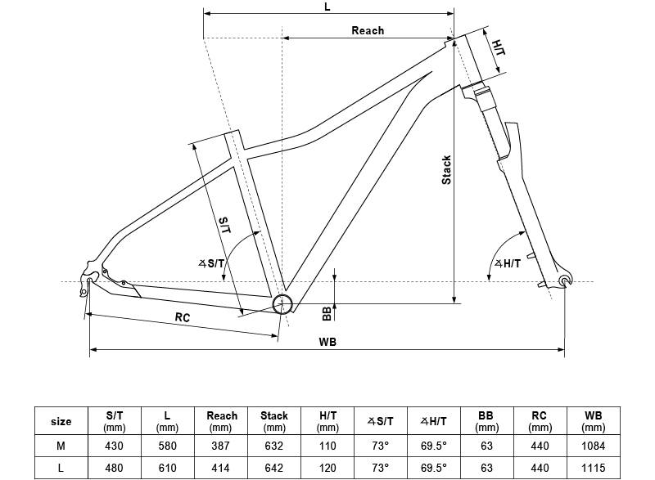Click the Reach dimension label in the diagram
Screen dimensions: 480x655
tap(368, 30)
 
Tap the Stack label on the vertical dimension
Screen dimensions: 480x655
tap(447, 169)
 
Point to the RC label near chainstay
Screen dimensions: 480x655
tap(183, 317)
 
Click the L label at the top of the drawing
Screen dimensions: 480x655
tap(327, 7)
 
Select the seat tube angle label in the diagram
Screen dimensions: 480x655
tap(211, 263)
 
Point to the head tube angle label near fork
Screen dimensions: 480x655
tap(508, 263)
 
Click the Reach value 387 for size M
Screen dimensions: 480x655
tap(221, 446)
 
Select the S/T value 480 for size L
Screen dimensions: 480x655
tap(115, 469)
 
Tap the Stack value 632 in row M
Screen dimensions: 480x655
tap(274, 446)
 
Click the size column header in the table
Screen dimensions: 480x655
tap(61, 421)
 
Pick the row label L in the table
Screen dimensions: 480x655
tap(61, 469)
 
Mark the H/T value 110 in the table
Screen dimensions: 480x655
tap(327, 446)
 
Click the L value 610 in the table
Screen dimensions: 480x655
tap(168, 469)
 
